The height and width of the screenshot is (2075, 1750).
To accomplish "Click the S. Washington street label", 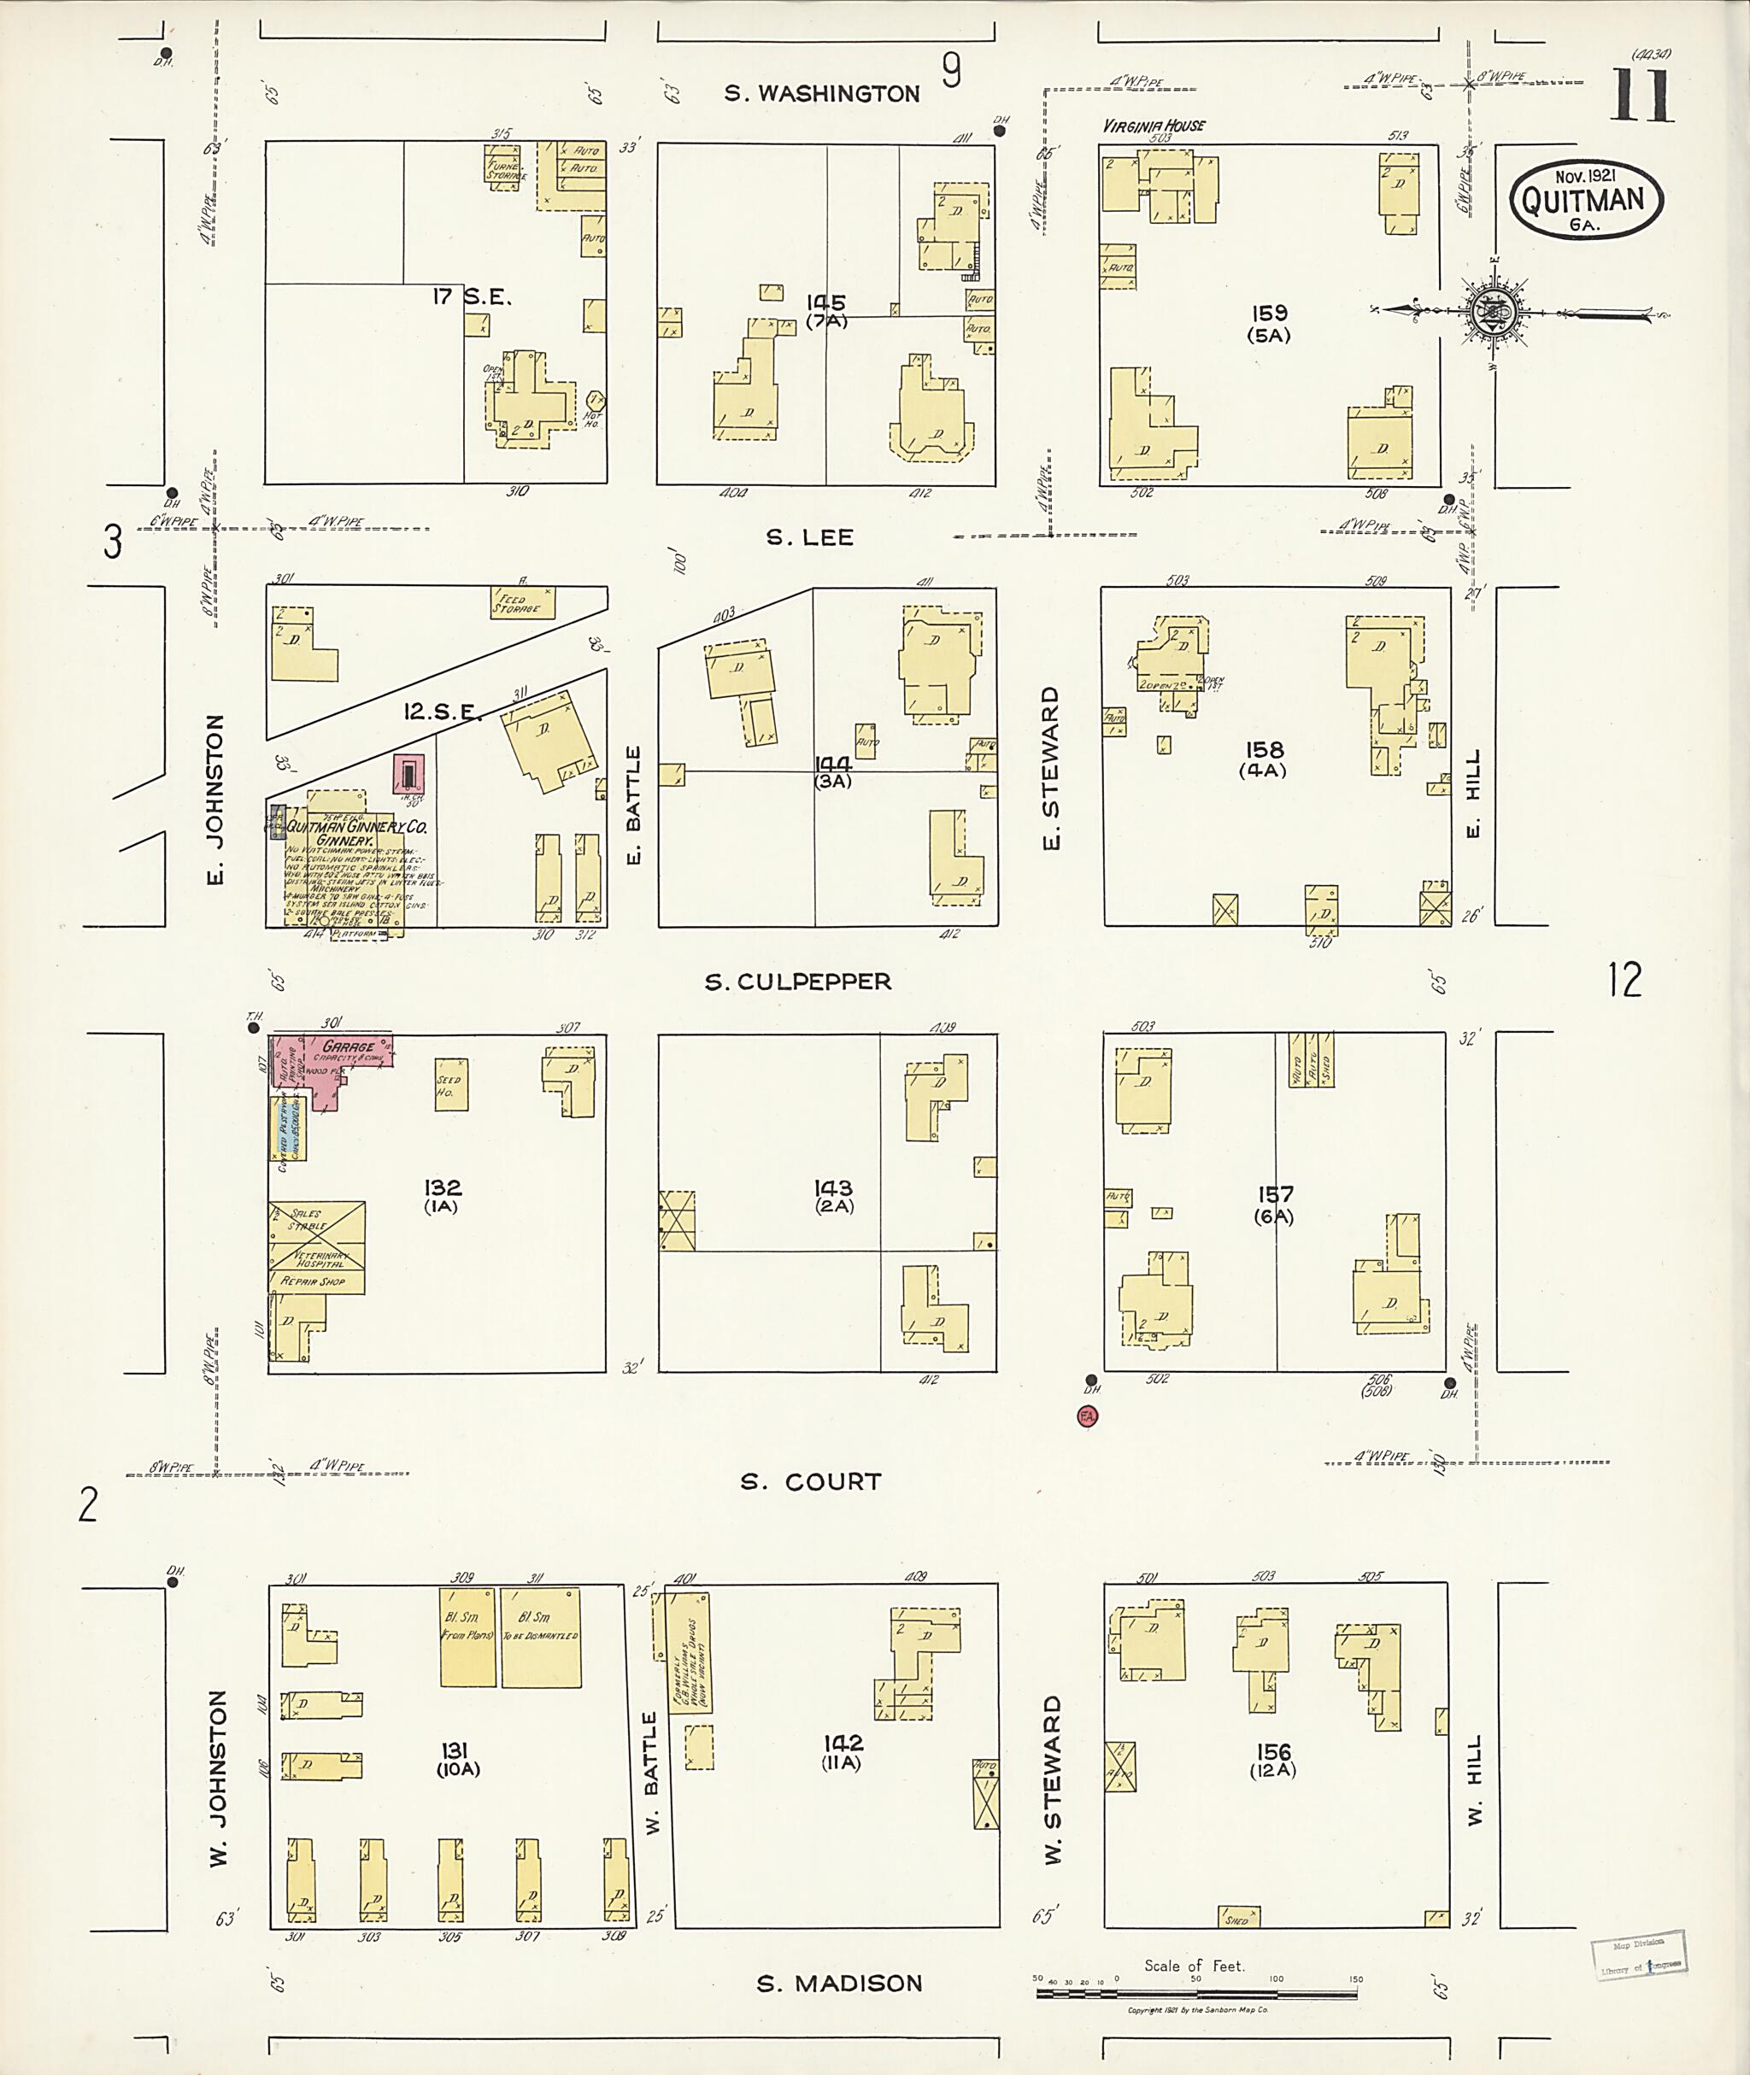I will click(x=821, y=94).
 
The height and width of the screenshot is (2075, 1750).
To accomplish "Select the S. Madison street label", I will click(x=839, y=1983).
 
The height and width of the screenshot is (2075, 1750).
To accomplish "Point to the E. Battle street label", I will click(x=634, y=805).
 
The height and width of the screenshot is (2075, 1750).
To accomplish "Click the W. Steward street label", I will click(x=1052, y=1779).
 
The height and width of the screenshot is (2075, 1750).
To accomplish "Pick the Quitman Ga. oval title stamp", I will click(x=1586, y=198).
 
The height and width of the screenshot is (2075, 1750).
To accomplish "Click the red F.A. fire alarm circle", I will click(x=1087, y=1416).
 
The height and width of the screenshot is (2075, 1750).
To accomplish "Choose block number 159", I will click(x=1268, y=314).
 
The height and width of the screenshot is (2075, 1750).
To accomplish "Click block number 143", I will click(x=833, y=1187).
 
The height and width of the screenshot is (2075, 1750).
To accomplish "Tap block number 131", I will click(x=455, y=1750).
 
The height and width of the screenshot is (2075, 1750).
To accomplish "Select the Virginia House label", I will click(x=1154, y=126).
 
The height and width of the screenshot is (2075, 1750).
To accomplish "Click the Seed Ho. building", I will click(x=451, y=1085).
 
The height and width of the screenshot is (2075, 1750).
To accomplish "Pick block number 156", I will click(x=1273, y=1751).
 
